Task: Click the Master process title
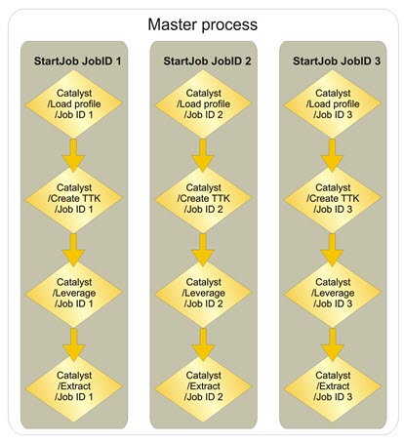click(202, 24)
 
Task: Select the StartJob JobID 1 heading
click(77, 60)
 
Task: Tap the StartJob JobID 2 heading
click(207, 60)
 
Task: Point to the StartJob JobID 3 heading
click(337, 60)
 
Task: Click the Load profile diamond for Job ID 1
click(74, 104)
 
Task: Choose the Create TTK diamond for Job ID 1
click(74, 199)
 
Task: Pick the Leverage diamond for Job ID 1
click(74, 293)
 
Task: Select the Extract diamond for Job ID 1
click(74, 387)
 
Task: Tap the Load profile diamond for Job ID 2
click(203, 104)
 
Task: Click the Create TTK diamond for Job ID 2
click(203, 199)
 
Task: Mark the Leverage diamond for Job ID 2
click(203, 293)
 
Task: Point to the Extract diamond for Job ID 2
click(203, 387)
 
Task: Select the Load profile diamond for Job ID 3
click(333, 104)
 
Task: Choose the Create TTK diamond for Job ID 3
click(333, 199)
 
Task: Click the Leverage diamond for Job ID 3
click(333, 293)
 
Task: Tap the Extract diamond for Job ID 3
click(333, 387)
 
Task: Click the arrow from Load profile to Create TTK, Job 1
click(74, 155)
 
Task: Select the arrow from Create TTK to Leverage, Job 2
click(203, 250)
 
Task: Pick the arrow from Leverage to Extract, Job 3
click(333, 344)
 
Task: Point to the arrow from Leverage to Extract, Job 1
click(74, 344)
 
